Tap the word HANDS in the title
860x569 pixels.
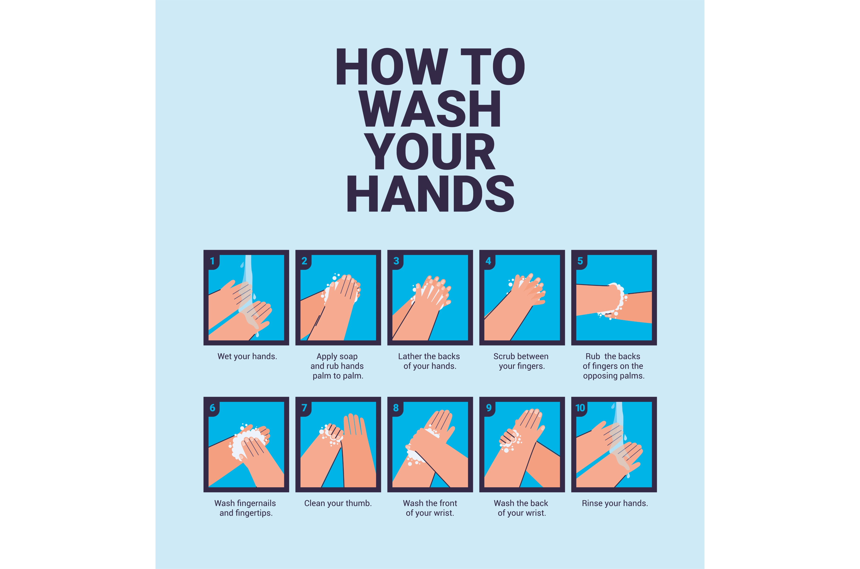(x=430, y=194)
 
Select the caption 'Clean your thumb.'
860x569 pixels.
(x=338, y=504)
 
